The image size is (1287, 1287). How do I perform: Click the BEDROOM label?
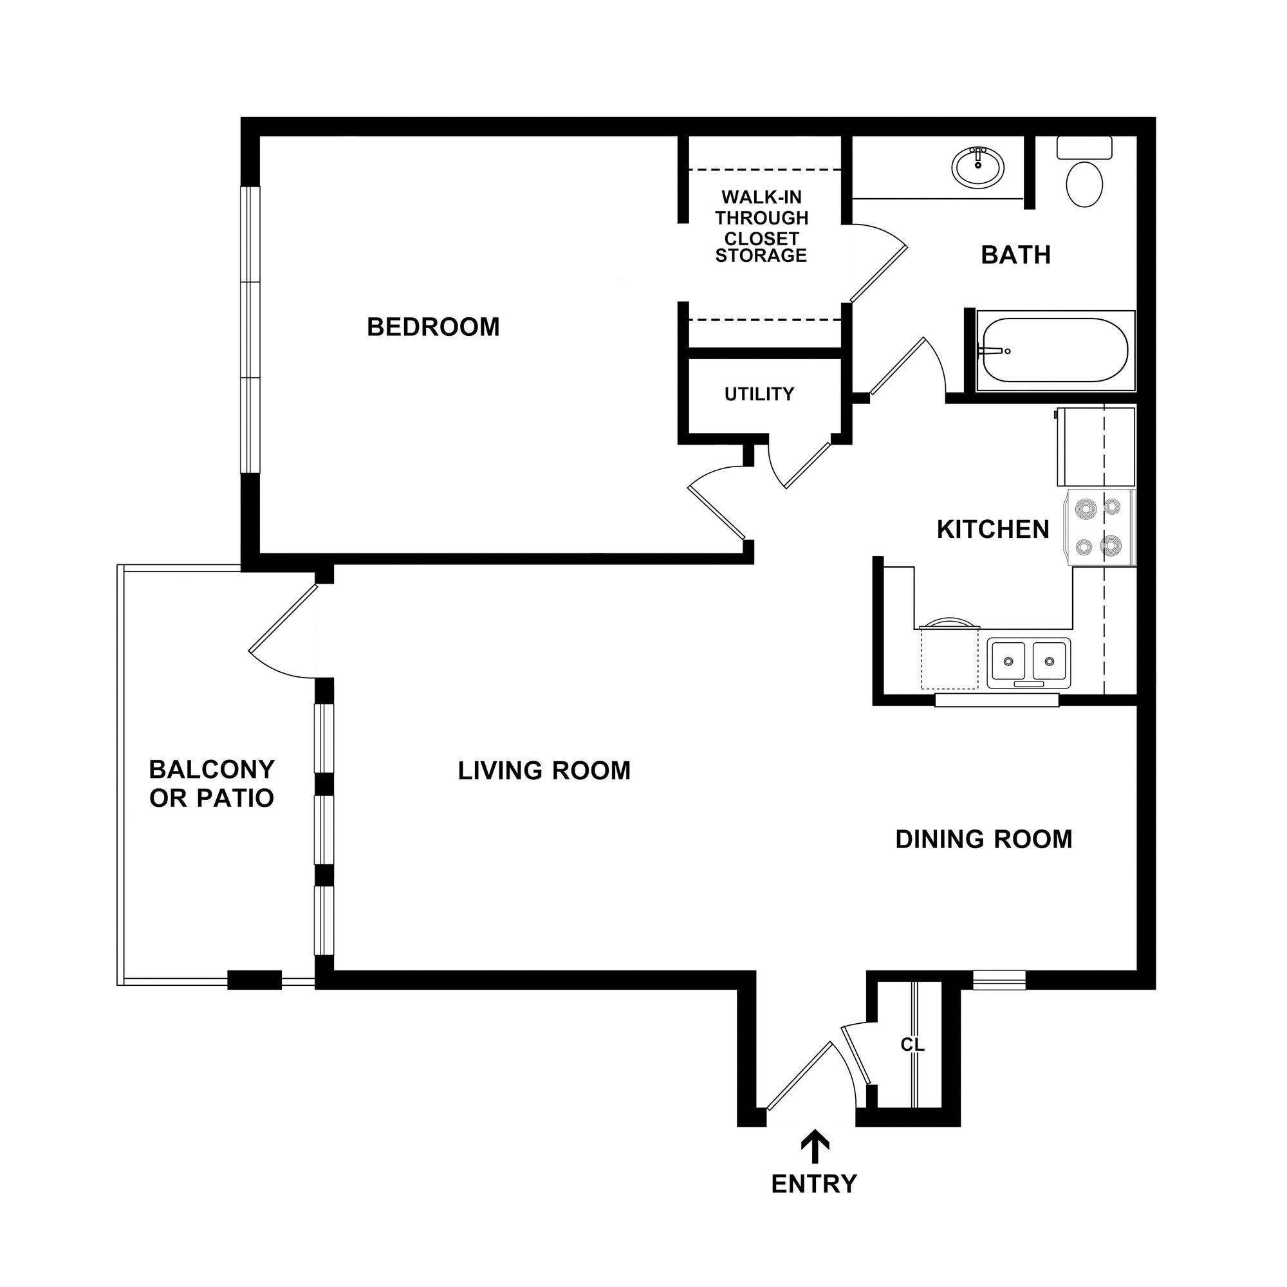[x=433, y=327]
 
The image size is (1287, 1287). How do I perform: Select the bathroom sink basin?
[x=977, y=167]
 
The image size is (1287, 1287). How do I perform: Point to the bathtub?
[x=1055, y=351]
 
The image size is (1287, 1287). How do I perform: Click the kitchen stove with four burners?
[x=1100, y=528]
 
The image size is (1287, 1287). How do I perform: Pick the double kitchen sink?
[x=1028, y=662]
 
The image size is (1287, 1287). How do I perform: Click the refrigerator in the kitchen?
[x=1095, y=447]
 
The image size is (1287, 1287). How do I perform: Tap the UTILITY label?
[x=759, y=394]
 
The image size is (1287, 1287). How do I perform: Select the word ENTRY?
[x=813, y=1184]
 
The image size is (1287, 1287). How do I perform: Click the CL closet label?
[x=912, y=1045]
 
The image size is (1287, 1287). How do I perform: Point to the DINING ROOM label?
[x=983, y=839]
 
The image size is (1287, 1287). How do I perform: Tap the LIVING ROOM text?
[x=544, y=771]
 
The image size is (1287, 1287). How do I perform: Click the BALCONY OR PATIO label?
[x=211, y=783]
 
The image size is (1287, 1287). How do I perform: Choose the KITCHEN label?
[x=992, y=530]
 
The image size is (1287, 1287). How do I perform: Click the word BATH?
[x=1015, y=255]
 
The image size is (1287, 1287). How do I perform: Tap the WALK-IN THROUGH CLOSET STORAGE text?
[x=761, y=227]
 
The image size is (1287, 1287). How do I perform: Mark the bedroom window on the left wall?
[x=249, y=329]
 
